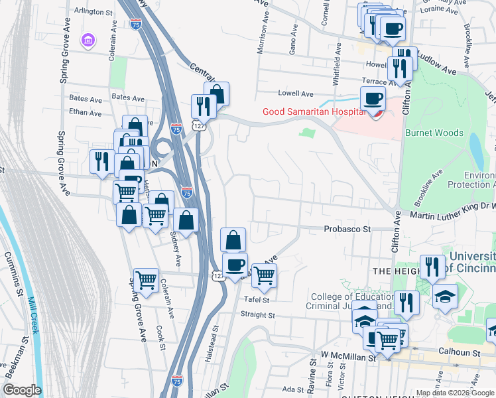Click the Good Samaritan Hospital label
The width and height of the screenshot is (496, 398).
coord(314,111)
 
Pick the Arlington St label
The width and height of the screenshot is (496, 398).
coord(93,12)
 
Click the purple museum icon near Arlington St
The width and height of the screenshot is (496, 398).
coord(88,41)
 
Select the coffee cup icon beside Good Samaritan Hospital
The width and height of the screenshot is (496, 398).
coord(372,98)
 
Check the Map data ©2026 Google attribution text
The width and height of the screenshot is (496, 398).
coord(455,393)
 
